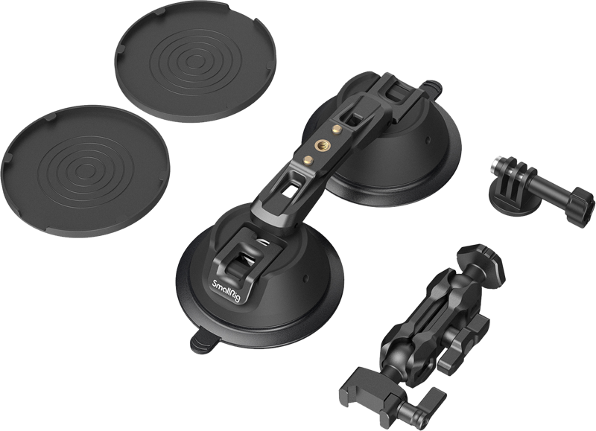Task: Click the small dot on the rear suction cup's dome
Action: tap(427, 140)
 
